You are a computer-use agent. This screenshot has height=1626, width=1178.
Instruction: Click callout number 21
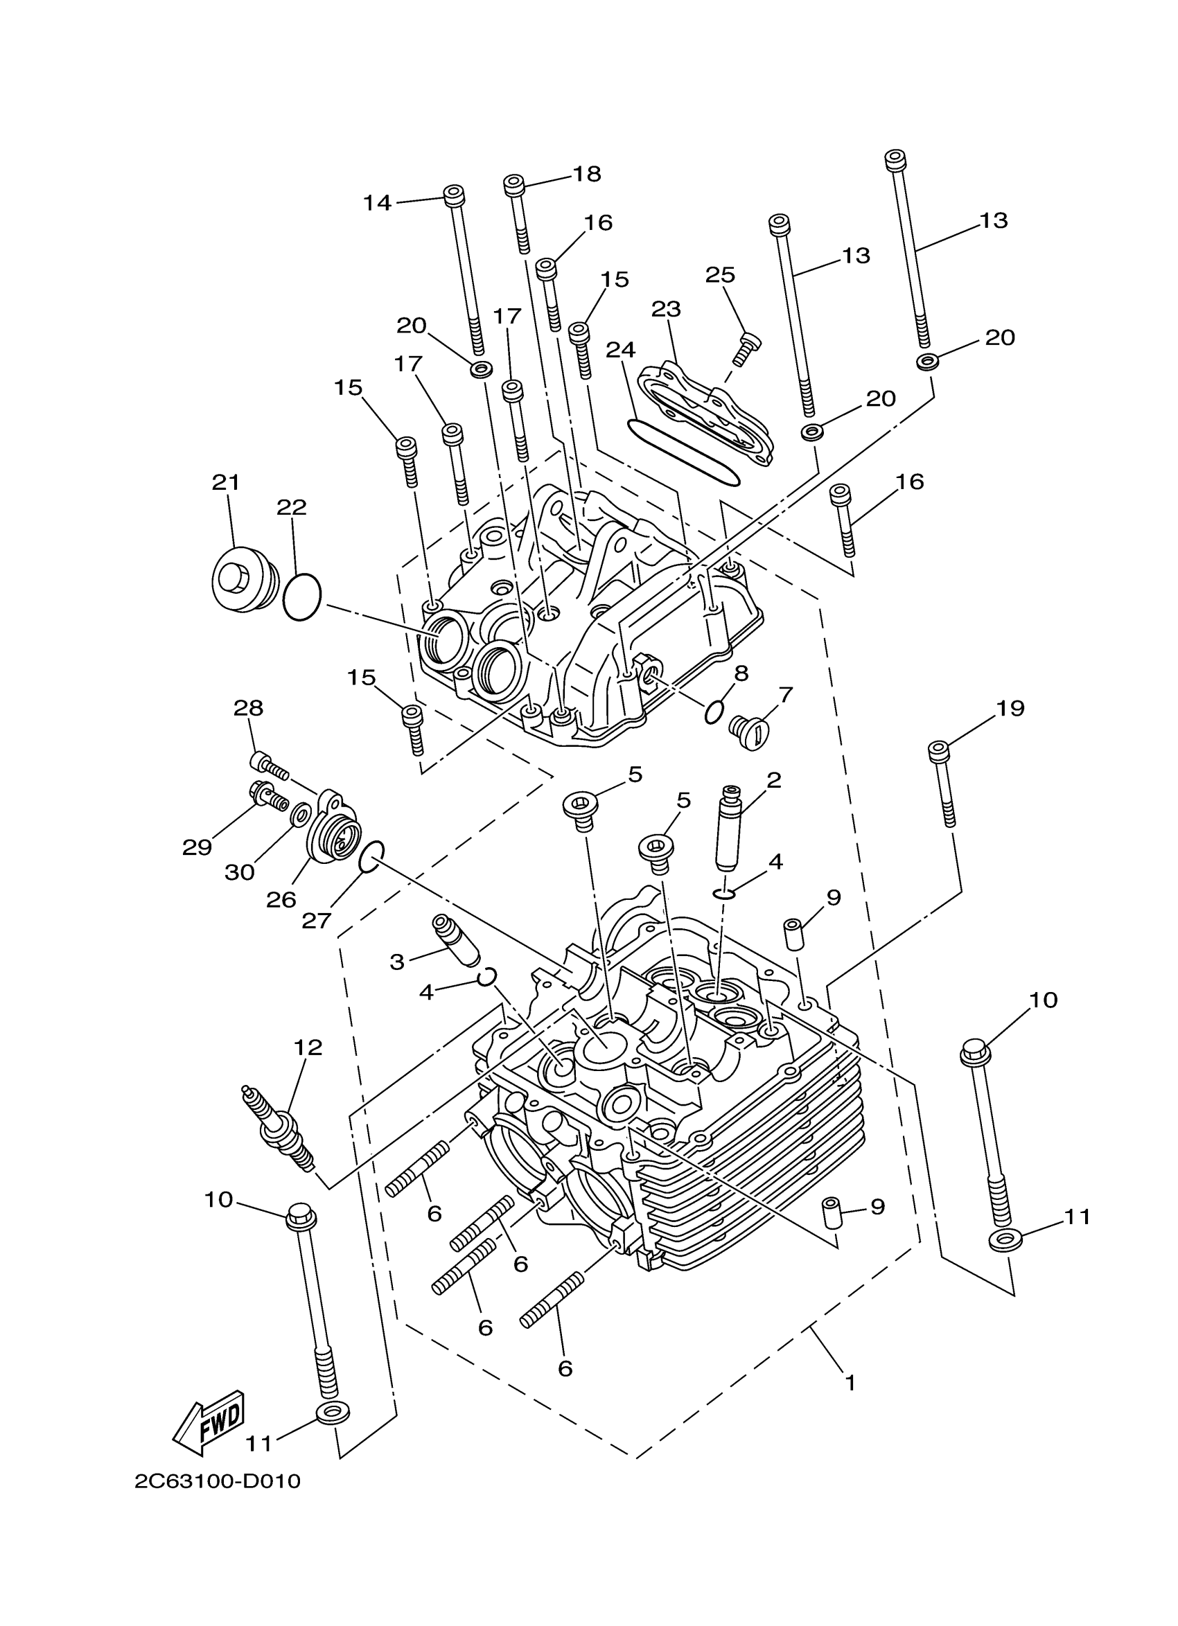[x=225, y=481]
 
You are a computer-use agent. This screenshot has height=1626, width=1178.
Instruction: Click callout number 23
[x=666, y=309]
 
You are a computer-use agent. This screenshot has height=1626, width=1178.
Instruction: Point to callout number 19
[x=1010, y=707]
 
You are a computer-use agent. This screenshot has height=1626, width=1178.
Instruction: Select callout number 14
[x=377, y=203]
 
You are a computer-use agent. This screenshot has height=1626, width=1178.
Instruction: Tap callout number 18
[x=586, y=173]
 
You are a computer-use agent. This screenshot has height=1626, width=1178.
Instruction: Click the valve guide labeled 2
[x=730, y=828]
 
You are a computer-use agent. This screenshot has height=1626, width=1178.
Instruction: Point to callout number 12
[x=308, y=1048]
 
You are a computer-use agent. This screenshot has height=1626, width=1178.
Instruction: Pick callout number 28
[x=248, y=707]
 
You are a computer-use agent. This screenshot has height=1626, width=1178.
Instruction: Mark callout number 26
[x=281, y=900]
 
